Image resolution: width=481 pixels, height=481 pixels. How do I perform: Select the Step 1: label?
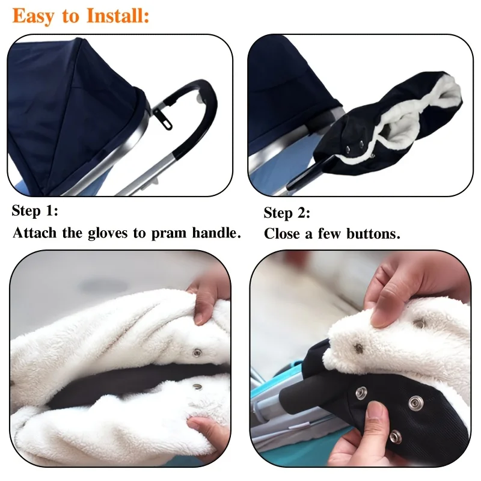pyautogui.click(x=35, y=211)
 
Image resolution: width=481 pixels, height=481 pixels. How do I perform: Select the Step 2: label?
pyautogui.click(x=287, y=213)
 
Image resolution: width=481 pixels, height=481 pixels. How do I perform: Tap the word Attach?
pyautogui.click(x=35, y=233)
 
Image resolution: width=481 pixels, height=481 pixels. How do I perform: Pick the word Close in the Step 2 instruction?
pyautogui.click(x=282, y=234)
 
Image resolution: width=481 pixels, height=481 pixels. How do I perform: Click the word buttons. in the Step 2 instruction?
pyautogui.click(x=373, y=234)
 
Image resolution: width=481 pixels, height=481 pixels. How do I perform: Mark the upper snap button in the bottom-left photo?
pyautogui.click(x=196, y=352)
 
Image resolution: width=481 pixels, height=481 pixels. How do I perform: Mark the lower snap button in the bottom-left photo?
pyautogui.click(x=196, y=388)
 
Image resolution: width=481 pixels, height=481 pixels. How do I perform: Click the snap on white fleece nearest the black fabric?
pyautogui.click(x=359, y=347)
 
